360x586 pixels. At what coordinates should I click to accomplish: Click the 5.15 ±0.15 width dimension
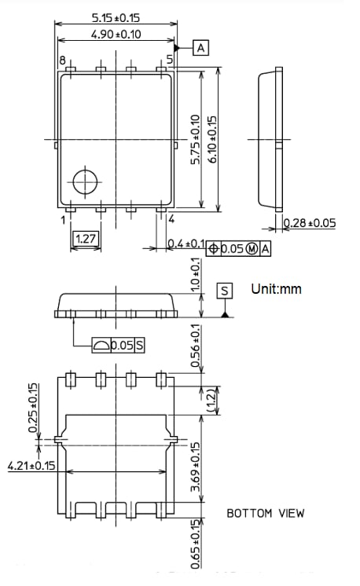point(116,16)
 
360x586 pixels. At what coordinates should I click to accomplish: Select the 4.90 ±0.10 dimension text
point(116,35)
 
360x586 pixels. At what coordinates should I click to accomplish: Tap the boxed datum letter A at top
point(201,49)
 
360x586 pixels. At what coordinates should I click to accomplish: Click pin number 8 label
point(61,60)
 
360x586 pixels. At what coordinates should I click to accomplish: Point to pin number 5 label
point(170,60)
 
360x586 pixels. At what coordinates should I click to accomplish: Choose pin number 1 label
point(63,220)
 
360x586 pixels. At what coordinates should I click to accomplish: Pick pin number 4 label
point(171,220)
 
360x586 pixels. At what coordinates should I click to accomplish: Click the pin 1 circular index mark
point(83,181)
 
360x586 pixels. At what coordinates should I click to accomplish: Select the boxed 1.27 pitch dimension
point(86,238)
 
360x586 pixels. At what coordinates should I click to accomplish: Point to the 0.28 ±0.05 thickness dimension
point(309,224)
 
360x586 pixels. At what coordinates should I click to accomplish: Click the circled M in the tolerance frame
point(252,249)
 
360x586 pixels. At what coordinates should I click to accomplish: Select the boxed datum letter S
point(226,291)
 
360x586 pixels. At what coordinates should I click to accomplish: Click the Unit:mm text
point(276,289)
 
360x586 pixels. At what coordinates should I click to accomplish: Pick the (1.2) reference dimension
point(211,398)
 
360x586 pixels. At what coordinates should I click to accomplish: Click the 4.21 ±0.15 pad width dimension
point(32,466)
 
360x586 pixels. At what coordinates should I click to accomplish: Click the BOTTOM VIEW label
point(265,514)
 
